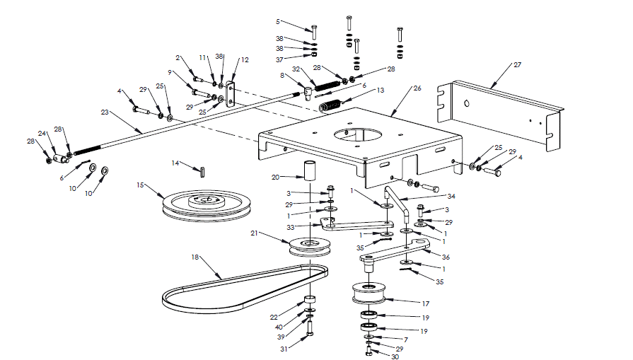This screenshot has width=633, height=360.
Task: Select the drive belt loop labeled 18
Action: (x=244, y=287)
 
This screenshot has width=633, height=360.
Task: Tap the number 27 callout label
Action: (x=517, y=64)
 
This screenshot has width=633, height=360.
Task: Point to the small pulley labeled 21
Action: (x=310, y=247)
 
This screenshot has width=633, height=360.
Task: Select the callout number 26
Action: (x=417, y=89)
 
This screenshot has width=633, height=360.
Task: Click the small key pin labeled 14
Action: (x=202, y=170)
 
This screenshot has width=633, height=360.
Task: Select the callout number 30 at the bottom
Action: (x=395, y=356)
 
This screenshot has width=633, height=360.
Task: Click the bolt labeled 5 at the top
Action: (x=314, y=31)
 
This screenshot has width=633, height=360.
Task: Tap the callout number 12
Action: (x=245, y=60)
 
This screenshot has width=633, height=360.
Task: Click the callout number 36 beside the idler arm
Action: (x=446, y=257)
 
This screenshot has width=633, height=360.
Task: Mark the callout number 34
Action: (x=451, y=196)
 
